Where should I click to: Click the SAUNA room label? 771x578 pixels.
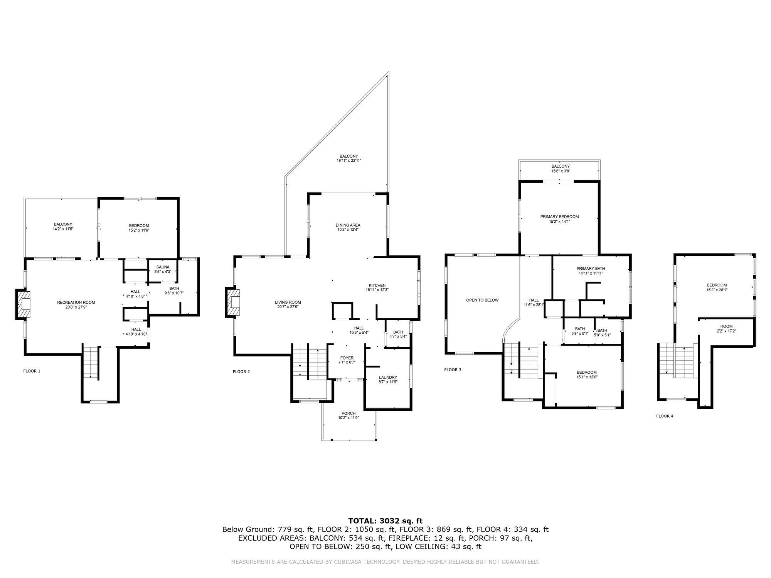click(163, 267)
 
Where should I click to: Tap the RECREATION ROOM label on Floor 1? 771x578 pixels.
click(76, 302)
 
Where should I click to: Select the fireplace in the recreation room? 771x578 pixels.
click(22, 304)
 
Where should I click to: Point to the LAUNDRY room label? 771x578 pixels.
click(388, 377)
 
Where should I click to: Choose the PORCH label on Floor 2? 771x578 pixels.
click(348, 413)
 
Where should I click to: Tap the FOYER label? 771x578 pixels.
click(347, 358)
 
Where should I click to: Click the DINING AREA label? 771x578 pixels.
click(348, 225)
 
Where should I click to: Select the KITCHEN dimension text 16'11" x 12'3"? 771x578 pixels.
click(377, 290)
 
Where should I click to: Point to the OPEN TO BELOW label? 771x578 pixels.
click(482, 300)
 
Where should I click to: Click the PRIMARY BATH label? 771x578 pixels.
click(591, 269)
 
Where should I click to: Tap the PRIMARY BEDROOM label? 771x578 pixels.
click(559, 217)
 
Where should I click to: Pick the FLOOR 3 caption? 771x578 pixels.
click(453, 370)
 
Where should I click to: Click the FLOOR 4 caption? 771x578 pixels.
click(665, 416)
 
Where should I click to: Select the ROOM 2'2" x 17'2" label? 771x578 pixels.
click(726, 329)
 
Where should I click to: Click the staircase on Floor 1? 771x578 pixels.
click(91, 362)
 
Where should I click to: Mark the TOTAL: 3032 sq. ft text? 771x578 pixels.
click(385, 521)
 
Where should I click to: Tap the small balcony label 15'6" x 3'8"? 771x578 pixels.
click(561, 171)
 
